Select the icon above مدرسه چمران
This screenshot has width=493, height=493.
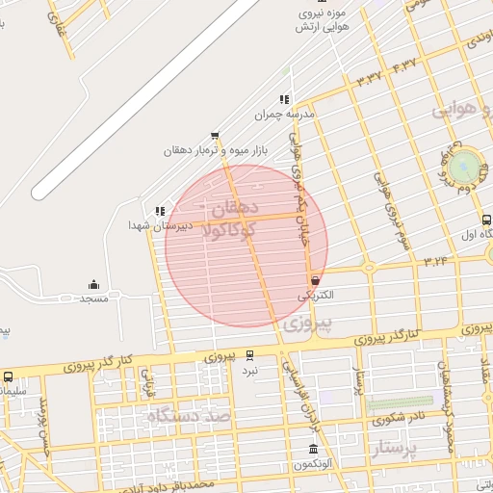coord(283,99)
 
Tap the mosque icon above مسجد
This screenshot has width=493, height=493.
coord(93,284)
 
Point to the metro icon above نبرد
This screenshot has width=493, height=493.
coord(250,355)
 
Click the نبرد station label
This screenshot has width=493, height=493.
coord(250,370)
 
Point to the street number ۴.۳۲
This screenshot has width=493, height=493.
coord(404,65)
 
